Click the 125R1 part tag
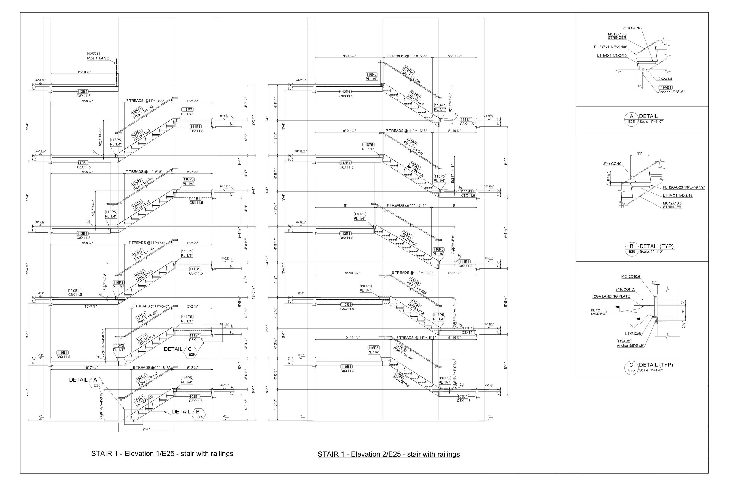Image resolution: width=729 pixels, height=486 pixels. click(x=93, y=54)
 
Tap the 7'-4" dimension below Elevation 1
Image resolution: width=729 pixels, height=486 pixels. click(x=146, y=429)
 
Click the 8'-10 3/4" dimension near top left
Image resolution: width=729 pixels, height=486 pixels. click(x=85, y=72)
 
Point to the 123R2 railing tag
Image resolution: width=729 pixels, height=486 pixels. click(x=409, y=70)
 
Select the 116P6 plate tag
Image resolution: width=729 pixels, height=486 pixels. click(x=371, y=74)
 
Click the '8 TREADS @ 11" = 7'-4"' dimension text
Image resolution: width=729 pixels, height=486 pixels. click(x=406, y=206)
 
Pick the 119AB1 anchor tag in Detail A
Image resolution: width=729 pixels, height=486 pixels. click(x=665, y=87)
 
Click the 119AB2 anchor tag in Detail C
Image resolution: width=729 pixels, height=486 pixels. click(x=624, y=341)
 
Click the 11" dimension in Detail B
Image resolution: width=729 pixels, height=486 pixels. click(x=640, y=153)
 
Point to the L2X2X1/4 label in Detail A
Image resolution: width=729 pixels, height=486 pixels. click(x=664, y=79)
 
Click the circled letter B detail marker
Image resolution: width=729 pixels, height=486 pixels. click(x=631, y=246)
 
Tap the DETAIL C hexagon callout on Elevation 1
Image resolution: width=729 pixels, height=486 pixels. click(x=190, y=349)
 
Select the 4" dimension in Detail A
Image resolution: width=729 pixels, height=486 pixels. click(x=639, y=86)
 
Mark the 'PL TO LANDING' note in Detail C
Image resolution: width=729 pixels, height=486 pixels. click(x=598, y=312)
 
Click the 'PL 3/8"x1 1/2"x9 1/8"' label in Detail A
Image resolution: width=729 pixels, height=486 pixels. click(x=610, y=47)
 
